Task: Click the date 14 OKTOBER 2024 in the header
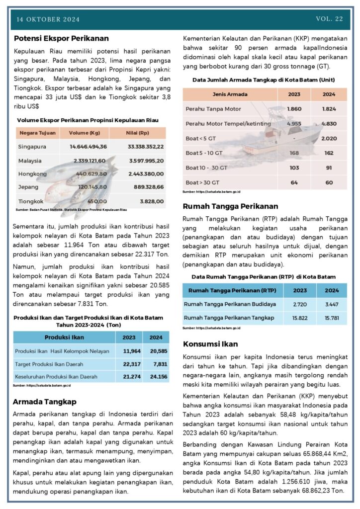(x=48, y=19)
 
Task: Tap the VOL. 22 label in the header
(x=329, y=19)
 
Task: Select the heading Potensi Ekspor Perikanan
(x=61, y=38)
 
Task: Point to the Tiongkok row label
(x=30, y=201)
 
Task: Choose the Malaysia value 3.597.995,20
(x=146, y=161)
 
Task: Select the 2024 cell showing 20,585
(x=156, y=351)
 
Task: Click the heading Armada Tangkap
(x=45, y=401)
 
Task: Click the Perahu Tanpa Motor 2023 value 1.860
(x=294, y=108)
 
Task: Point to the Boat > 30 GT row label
(x=202, y=182)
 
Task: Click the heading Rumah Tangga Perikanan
(x=230, y=206)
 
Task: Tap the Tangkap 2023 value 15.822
(x=300, y=317)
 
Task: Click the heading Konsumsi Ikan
(x=210, y=343)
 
